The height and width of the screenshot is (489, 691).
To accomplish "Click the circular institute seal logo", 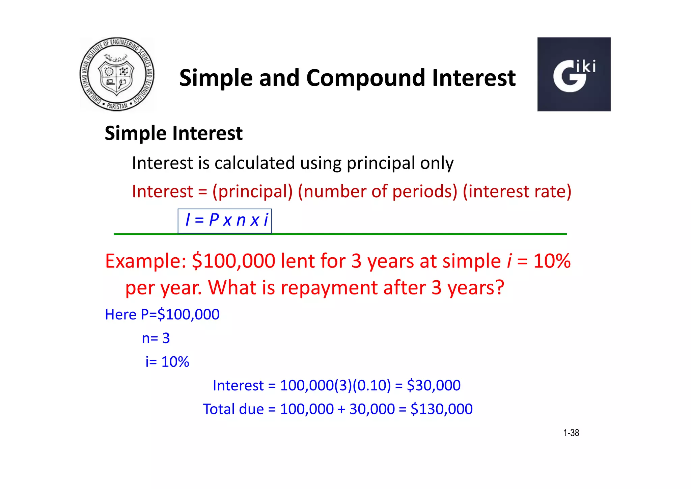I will click(x=117, y=74).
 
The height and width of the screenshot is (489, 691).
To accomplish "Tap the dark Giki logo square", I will click(x=574, y=74).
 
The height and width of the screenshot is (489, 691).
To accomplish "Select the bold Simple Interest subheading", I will click(x=173, y=133).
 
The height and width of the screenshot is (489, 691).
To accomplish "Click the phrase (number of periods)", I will click(x=377, y=191).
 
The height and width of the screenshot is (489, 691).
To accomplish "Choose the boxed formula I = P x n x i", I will click(x=225, y=221).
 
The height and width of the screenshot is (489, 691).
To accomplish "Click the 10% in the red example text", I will click(x=552, y=261).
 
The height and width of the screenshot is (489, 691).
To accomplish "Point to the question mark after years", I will click(x=498, y=288).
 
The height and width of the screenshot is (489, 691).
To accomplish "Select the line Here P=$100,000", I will click(x=162, y=314).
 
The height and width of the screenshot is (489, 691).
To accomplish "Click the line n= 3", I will click(x=156, y=338).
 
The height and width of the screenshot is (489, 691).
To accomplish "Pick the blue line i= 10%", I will click(x=167, y=362).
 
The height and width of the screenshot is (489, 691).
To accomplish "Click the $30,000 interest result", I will click(x=434, y=385).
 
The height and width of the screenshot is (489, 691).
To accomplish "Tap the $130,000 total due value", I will click(x=441, y=409).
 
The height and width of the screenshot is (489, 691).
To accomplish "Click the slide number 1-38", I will click(x=571, y=433).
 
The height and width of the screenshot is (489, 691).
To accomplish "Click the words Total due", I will click(x=233, y=409).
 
